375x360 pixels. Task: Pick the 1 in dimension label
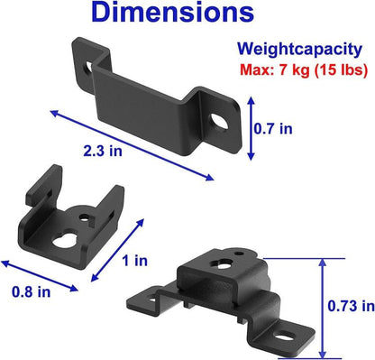point(136,262)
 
